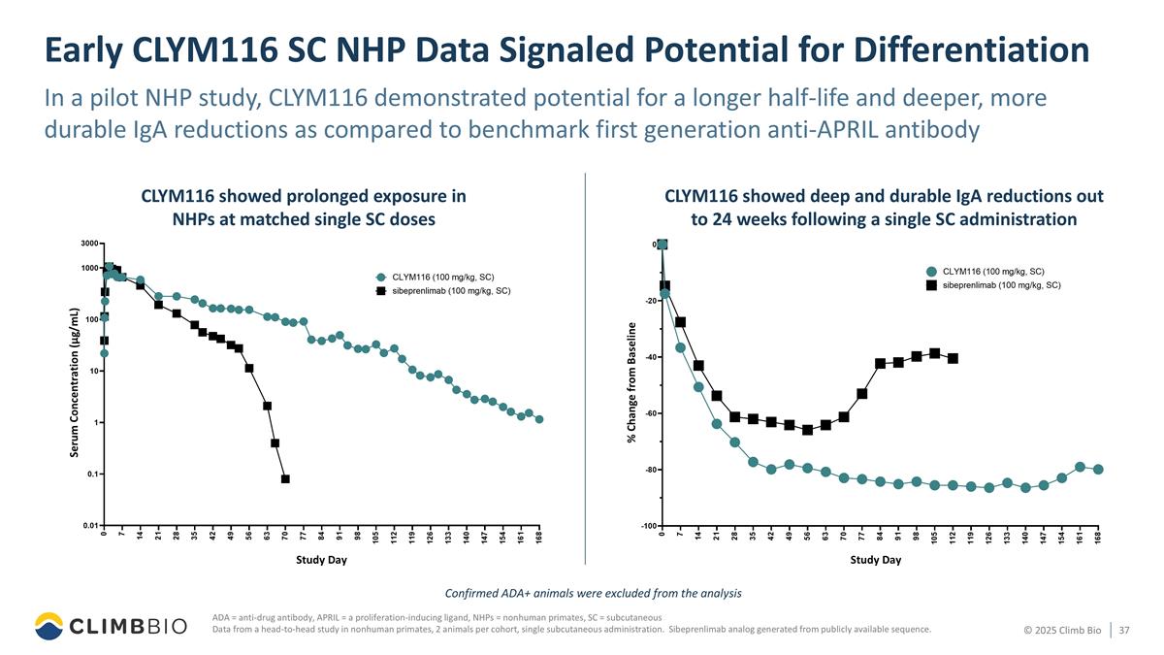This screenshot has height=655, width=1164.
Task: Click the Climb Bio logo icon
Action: pyautogui.click(x=49, y=627)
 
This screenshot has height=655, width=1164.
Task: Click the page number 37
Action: pyautogui.click(x=1124, y=631)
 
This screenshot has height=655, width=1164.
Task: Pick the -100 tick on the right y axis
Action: pyautogui.click(x=645, y=526)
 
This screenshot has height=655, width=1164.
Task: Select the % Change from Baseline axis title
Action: pyautogui.click(x=631, y=382)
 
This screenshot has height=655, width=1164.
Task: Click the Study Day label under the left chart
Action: pyautogui.click(x=321, y=560)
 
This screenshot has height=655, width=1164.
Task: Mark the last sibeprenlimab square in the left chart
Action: pyautogui.click(x=285, y=478)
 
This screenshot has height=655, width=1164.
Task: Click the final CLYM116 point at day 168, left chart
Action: pyautogui.click(x=539, y=419)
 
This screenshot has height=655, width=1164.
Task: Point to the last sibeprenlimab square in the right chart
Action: pyautogui.click(x=953, y=358)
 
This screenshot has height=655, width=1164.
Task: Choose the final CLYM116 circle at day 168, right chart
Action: pyautogui.click(x=1098, y=470)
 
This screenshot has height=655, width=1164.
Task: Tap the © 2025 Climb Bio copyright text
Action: pyautogui.click(x=1062, y=631)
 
